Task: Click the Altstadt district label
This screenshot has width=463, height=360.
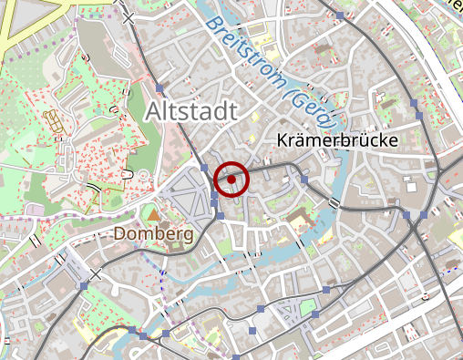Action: pos(190,111)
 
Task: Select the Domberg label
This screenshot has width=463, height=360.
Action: pos(153,233)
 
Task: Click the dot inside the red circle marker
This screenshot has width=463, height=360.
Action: pos(232,179)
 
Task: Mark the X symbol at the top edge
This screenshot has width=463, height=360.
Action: pos(128,17)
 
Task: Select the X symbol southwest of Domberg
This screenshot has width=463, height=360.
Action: pos(96,273)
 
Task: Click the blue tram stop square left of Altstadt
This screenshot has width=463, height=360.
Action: pos(159,88)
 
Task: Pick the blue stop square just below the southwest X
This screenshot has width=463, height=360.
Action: pos(84,286)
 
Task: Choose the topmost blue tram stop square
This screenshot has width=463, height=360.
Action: pos(339,15)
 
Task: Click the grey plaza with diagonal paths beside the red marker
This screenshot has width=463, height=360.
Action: pos(193,196)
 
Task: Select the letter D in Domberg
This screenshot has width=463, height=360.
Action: pos(119,233)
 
